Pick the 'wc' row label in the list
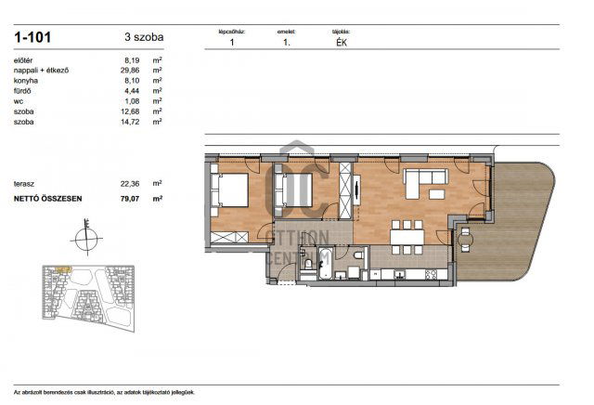pos(18,100)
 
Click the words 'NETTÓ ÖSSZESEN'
pos(46,198)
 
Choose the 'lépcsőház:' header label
pos(231,32)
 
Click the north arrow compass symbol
pos(85,239)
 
